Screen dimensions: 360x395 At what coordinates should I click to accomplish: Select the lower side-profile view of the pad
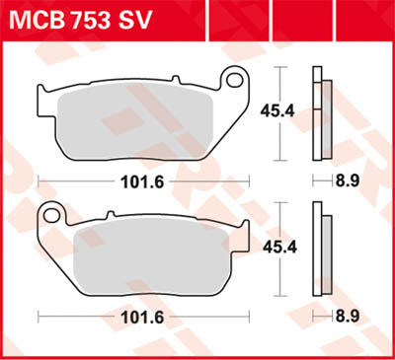(319, 247)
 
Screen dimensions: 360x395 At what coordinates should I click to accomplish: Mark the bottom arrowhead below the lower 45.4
(282, 291)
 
